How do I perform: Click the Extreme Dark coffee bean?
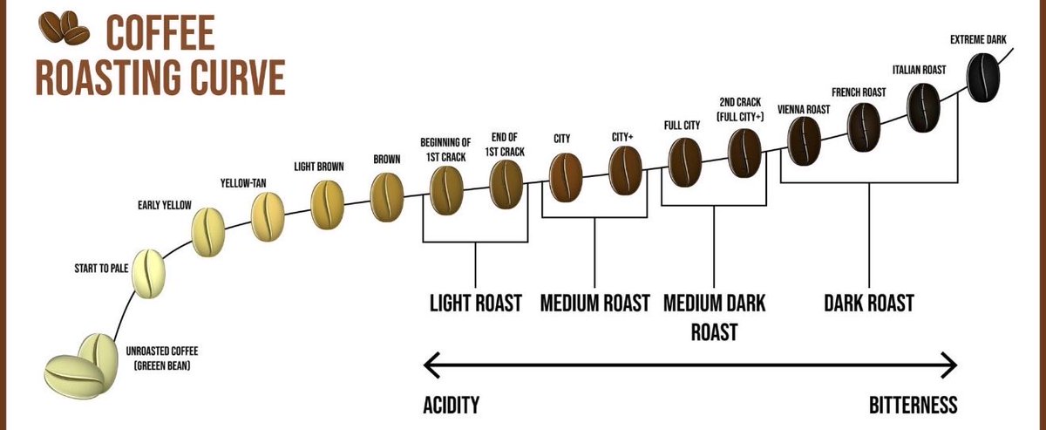point(983,78)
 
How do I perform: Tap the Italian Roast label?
point(919,70)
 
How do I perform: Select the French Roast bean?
point(864,127)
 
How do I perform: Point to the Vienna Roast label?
point(804,109)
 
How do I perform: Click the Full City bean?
point(685,162)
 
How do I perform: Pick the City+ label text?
point(622,138)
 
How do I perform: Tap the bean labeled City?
point(566,178)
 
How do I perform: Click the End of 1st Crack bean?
point(506,184)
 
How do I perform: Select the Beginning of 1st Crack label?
point(445,149)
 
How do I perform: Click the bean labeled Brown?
point(387,197)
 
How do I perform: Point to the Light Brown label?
point(319,167)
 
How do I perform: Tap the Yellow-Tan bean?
point(268,217)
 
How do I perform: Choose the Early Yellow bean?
point(208,232)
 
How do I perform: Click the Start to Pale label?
point(101,269)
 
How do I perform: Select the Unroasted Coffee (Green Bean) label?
point(161,358)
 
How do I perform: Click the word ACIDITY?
point(452,405)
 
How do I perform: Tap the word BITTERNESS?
point(913,405)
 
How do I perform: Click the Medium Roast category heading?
point(594,303)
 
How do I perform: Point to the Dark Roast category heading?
point(869,303)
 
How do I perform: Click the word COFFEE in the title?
point(160,32)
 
